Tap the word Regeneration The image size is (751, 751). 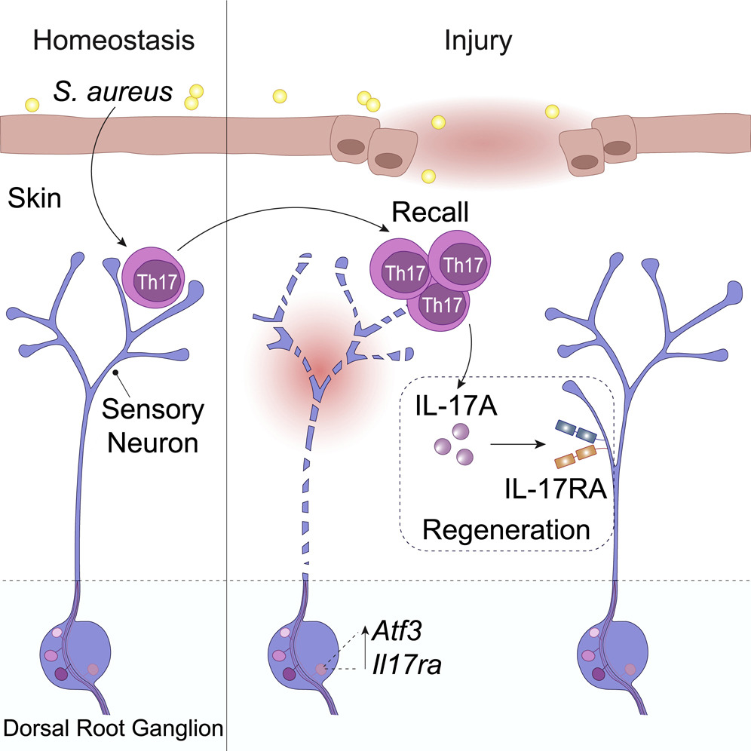[x=506, y=529]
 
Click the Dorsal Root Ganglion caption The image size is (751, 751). [x=114, y=728]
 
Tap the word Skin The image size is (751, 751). [x=32, y=199]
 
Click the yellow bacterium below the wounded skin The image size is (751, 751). [x=428, y=176]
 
